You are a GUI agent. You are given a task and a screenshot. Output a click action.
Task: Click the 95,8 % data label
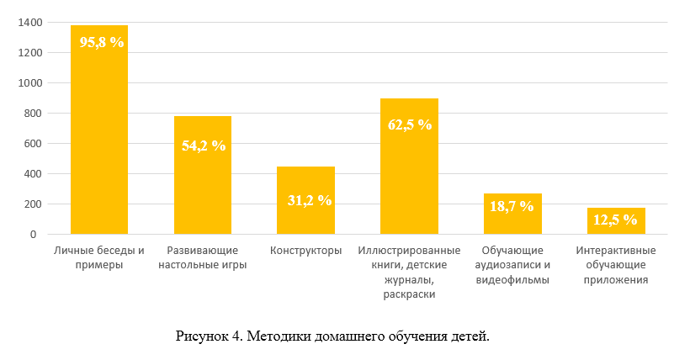coord(102,41)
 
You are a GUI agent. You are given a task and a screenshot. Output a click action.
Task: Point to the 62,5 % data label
coord(410,124)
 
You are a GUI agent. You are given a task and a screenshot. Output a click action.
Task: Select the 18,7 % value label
coord(512,206)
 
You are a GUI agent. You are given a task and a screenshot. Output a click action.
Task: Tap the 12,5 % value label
coord(615,220)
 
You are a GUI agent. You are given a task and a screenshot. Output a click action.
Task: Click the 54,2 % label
coord(204,146)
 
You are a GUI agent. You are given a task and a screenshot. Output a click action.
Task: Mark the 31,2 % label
coord(310,200)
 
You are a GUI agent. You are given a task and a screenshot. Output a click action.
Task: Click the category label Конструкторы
coord(306,251)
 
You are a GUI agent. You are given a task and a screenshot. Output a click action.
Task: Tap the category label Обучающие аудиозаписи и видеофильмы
coord(512,266)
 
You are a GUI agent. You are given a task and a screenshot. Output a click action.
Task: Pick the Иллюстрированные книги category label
coord(409,251)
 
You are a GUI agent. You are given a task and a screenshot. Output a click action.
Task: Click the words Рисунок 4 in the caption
coord(205,336)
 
